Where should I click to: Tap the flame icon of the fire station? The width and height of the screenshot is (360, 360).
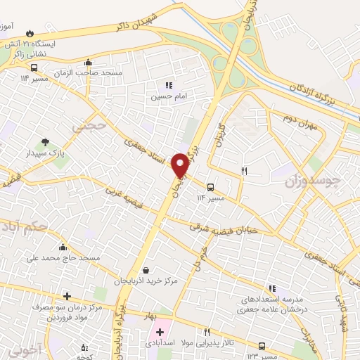30,33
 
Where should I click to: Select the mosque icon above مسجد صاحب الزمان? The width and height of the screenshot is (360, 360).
87,63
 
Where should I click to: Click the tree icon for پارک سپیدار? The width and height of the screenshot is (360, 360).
46,143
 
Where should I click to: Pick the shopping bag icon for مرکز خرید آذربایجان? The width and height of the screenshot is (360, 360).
145,270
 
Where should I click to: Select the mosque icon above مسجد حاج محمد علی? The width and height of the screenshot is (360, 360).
63,247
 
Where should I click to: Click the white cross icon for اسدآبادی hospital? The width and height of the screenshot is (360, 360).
160,331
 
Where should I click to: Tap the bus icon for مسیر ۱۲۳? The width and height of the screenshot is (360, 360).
262,346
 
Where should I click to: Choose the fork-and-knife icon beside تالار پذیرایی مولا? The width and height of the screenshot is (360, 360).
207,332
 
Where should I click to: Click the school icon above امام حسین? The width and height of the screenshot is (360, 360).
168,85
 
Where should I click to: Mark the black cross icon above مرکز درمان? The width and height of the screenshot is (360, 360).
67,296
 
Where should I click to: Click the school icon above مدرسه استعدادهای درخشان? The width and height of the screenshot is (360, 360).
271,288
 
